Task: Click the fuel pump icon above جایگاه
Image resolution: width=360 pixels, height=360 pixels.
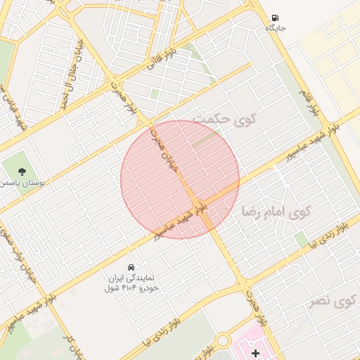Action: coord(274,18)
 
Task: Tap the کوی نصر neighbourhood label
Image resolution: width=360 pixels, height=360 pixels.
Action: coord(333,302)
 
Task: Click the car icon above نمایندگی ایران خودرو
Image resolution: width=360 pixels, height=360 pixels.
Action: coord(131,267)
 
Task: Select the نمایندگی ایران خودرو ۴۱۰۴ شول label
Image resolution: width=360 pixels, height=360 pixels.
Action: coord(131,283)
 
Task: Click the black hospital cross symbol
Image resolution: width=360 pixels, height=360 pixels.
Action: coord(255,352)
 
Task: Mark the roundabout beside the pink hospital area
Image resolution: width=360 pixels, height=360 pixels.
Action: coord(223,341)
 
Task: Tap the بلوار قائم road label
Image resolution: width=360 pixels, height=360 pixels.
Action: coord(314,102)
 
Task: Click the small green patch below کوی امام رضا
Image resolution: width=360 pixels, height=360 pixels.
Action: coord(302,240)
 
